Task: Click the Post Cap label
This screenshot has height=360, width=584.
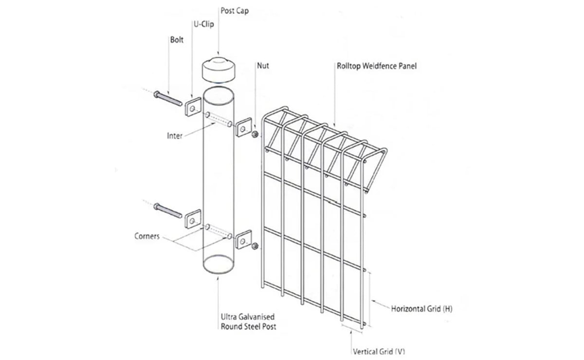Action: click(x=235, y=11)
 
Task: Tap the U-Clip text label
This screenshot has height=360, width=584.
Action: click(x=203, y=24)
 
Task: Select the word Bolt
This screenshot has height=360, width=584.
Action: click(x=177, y=40)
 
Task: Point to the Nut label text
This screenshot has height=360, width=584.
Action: click(x=263, y=66)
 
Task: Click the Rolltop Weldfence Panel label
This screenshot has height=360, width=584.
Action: click(x=377, y=66)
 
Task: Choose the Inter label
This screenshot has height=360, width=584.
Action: click(x=174, y=136)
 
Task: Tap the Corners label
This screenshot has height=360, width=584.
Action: click(x=147, y=236)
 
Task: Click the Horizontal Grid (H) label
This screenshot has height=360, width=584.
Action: click(x=421, y=309)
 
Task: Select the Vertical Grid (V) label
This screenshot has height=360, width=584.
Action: click(x=379, y=351)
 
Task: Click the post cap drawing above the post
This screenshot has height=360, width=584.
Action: click(x=219, y=70)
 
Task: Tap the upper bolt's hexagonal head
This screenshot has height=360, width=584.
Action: click(x=156, y=94)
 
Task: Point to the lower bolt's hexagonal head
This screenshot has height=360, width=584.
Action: click(x=156, y=207)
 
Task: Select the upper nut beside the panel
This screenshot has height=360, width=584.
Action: click(x=255, y=134)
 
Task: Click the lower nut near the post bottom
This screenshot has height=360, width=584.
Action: click(x=255, y=246)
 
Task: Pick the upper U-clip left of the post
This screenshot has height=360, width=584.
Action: click(x=193, y=107)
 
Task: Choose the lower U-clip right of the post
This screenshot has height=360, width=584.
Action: click(x=243, y=239)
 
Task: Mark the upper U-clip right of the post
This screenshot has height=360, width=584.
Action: click(x=243, y=127)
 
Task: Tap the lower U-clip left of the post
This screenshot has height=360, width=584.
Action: click(x=193, y=219)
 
